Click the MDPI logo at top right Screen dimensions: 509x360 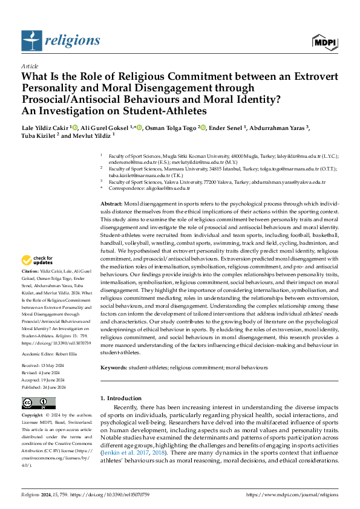(324, 41)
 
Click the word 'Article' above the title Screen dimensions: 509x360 (30, 66)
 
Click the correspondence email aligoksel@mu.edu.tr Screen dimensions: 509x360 (157, 189)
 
